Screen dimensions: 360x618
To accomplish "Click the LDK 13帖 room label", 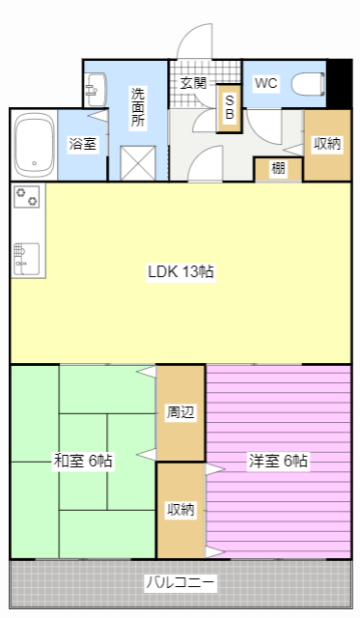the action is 180,271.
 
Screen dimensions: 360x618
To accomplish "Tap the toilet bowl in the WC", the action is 309,84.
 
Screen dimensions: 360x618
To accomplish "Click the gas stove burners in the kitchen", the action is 27,196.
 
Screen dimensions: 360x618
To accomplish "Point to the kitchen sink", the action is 26,259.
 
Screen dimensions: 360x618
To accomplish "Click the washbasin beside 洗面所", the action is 96,90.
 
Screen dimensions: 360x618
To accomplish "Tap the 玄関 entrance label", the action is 193,83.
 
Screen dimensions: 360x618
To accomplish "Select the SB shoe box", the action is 230,108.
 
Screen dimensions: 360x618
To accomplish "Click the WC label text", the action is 265,83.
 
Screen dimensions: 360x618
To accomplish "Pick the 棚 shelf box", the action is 278,169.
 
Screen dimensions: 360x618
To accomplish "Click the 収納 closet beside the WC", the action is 327,145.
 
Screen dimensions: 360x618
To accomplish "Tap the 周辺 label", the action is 180,412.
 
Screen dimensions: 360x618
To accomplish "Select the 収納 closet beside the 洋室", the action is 180,510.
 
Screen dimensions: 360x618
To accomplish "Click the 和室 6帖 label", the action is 83,461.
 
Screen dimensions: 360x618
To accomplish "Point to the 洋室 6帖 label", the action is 278,461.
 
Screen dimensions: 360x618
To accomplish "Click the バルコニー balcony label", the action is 180,582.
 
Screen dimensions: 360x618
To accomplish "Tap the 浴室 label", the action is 83,144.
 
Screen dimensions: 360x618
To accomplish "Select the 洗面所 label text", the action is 138,107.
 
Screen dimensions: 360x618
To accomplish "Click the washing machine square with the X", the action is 138,163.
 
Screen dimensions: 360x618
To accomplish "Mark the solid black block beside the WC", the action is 340,84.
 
